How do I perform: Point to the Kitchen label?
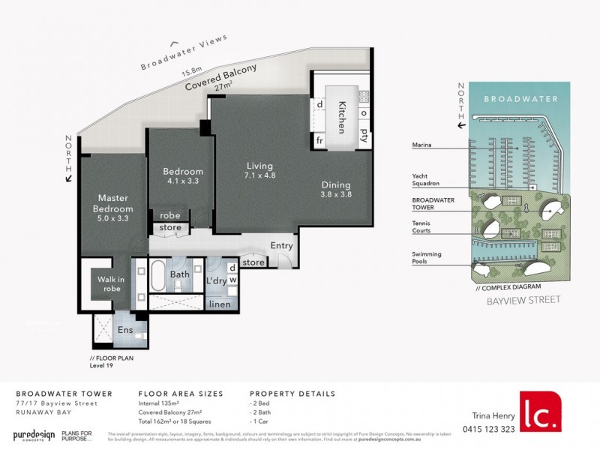[x=341, y=118]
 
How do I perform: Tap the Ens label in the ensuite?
[x=124, y=329]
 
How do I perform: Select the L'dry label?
[x=216, y=281]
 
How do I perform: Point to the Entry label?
[x=282, y=245]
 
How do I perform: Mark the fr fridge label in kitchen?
[x=319, y=140]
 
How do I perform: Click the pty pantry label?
[x=364, y=135]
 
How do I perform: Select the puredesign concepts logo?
[x=36, y=435]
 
